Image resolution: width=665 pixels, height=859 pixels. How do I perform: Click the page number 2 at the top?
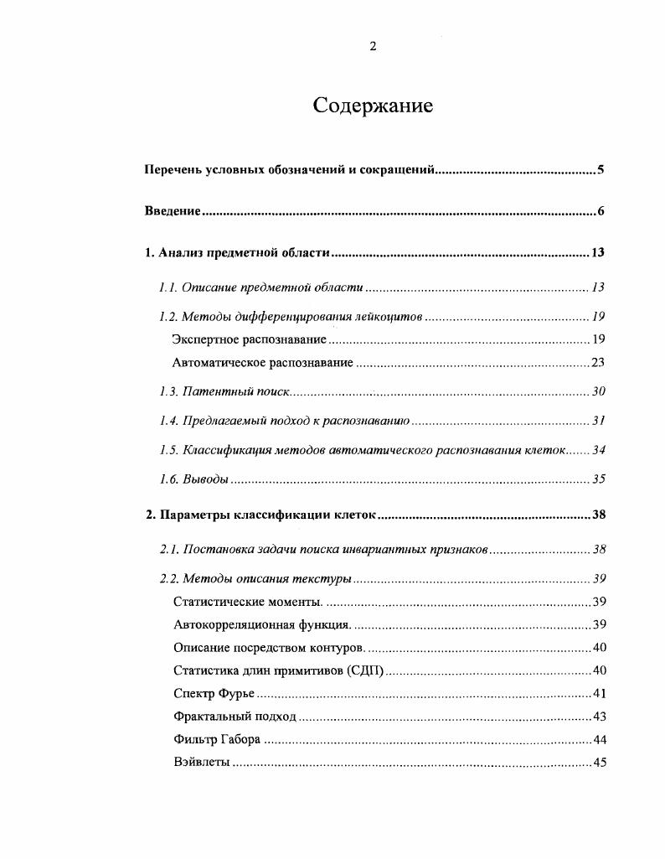click(373, 47)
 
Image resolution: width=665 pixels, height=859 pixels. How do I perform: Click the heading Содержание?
click(373, 106)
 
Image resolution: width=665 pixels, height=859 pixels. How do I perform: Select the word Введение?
click(172, 211)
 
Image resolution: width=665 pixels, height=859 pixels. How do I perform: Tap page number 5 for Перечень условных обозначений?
click(601, 170)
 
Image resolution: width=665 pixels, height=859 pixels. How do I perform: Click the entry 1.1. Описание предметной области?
click(260, 287)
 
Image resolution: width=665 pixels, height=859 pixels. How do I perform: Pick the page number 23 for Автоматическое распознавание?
click(597, 363)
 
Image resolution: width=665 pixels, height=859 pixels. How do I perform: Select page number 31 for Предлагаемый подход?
click(597, 421)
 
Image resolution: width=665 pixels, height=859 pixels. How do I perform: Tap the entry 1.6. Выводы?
click(193, 479)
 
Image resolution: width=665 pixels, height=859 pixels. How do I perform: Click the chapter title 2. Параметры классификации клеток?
click(262, 515)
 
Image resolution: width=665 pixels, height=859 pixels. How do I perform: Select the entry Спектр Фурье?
click(214, 693)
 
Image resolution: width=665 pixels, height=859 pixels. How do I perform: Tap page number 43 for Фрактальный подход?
click(599, 717)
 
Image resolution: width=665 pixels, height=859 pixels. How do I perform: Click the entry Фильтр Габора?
click(217, 739)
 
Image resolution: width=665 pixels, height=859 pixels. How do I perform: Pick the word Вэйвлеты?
click(201, 763)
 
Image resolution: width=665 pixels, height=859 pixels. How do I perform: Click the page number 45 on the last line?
click(599, 763)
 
